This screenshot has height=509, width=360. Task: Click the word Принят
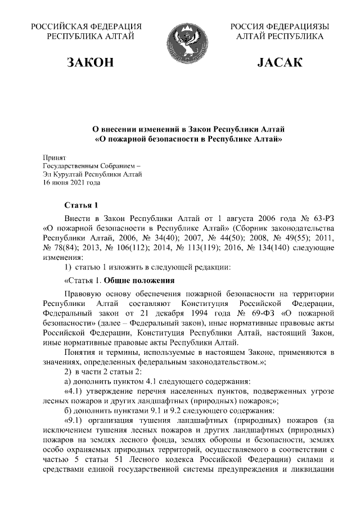[x=55, y=157]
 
